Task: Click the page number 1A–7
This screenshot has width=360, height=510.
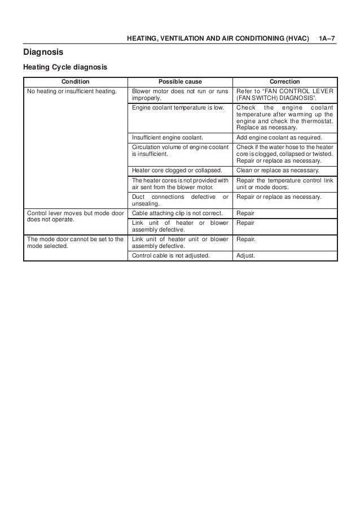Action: click(327, 39)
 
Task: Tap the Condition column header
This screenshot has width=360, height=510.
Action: click(76, 81)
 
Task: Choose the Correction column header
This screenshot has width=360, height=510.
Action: click(285, 81)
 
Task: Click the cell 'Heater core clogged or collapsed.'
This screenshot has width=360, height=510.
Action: click(176, 170)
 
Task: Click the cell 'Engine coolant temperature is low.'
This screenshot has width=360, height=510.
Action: click(177, 107)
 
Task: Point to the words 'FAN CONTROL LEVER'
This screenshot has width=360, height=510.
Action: click(300, 91)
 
